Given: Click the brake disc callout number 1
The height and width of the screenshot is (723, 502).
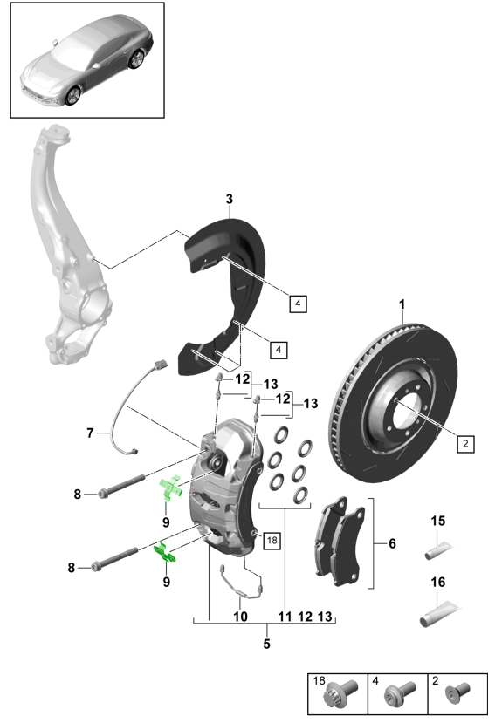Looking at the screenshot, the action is point(402,304).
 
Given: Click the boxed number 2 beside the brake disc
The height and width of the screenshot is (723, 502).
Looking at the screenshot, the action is point(465,444).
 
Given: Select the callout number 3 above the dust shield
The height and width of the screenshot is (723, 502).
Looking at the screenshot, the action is point(230,199).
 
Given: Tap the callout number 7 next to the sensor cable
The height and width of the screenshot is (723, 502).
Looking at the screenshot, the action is point(91,433).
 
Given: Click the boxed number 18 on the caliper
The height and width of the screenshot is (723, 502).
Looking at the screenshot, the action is point(272,540).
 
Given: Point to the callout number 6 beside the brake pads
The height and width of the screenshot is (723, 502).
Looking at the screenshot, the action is point(392,543).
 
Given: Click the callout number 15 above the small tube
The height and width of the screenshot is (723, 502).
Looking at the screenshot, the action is point(438,521).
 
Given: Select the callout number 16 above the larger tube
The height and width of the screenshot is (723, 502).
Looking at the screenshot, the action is point(438,582).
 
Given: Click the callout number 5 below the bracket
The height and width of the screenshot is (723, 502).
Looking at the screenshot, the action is point(266,644).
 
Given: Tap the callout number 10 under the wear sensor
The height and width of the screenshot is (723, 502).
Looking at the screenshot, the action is point(240,617).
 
